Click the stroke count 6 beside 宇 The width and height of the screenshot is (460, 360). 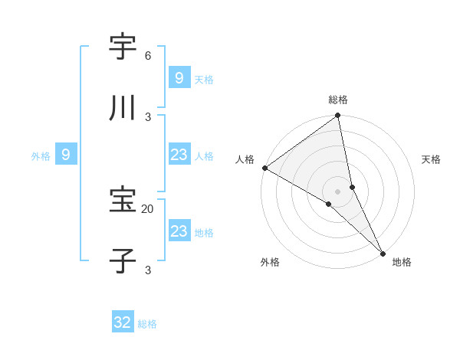coord(147,56)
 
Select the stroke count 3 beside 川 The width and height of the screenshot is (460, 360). coord(148,117)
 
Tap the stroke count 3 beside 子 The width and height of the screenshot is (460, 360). coord(148,270)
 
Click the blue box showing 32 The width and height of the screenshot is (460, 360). coord(123,322)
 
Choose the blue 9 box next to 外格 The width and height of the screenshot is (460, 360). coord(66,155)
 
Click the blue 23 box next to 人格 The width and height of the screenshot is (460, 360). coord(179,155)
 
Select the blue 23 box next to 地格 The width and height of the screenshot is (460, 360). coord(179,231)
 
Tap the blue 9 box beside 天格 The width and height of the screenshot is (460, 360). coord(179,77)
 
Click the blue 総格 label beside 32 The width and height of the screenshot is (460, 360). coord(147,324)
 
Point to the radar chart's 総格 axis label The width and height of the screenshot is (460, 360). coord(338,100)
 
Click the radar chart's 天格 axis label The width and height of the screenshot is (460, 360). coord(431,159)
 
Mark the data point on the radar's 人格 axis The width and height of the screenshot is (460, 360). coord(264,168)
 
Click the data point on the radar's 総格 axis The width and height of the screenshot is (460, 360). coord(338,116)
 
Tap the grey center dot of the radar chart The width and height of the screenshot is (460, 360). coord(338,191)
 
